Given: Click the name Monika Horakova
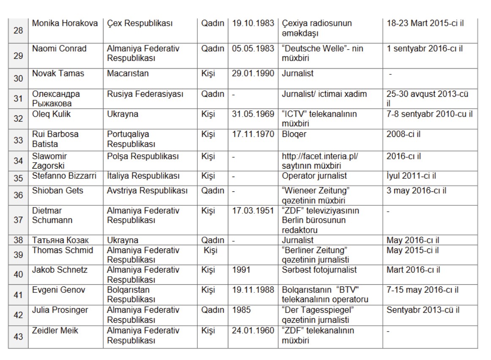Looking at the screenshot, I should coord(65,23).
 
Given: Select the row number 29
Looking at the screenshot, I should coord(18,55).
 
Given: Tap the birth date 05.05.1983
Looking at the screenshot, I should coord(253,49).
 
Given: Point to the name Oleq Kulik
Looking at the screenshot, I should coord(52,114).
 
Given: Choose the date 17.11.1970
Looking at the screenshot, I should coord(253,134).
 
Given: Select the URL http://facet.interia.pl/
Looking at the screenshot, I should coord(320,156).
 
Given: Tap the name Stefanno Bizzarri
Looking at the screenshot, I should coord(64,176).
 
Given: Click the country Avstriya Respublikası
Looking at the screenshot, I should coord(147,191).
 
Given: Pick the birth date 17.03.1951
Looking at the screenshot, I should coord(253,210).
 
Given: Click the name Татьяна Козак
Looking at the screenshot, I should coord(60,240).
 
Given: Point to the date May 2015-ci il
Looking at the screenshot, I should coord(412,250).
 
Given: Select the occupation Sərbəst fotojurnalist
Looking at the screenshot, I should coord(319,270).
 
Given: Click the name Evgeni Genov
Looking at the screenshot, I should coord(59,290).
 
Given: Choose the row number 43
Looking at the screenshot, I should coord(18,337).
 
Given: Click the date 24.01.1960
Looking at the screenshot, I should coord(253,330).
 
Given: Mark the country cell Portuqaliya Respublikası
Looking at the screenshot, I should coord(135,139).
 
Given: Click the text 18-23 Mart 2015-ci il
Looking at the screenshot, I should coord(425,23).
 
